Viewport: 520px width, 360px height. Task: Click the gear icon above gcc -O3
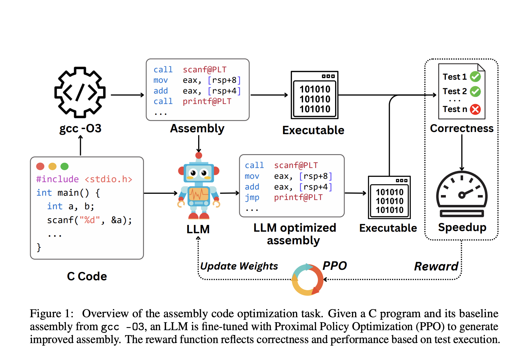click(x=80, y=92)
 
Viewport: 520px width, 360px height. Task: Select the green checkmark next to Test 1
click(x=475, y=77)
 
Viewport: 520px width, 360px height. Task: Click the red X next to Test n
click(x=475, y=109)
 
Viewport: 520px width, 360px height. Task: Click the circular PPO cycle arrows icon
click(x=307, y=280)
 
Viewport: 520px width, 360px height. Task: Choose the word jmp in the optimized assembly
click(x=252, y=197)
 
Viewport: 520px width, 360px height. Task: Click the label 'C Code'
click(x=87, y=276)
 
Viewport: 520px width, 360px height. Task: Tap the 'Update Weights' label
click(x=239, y=266)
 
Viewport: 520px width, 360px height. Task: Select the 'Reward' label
click(x=436, y=266)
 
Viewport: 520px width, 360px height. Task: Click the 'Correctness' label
click(x=462, y=128)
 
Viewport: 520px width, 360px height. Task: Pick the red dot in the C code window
click(x=40, y=166)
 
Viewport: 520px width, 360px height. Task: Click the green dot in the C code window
click(x=65, y=166)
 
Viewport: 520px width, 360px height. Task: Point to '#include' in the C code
click(x=57, y=179)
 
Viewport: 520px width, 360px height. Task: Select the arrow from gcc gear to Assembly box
click(x=127, y=95)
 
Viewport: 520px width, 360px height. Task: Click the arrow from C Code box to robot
click(x=160, y=193)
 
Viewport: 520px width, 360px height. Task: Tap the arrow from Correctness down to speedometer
click(x=462, y=152)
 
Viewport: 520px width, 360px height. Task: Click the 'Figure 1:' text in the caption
click(x=52, y=314)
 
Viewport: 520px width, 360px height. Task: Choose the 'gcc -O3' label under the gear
click(x=80, y=128)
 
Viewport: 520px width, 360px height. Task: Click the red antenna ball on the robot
click(x=199, y=155)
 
